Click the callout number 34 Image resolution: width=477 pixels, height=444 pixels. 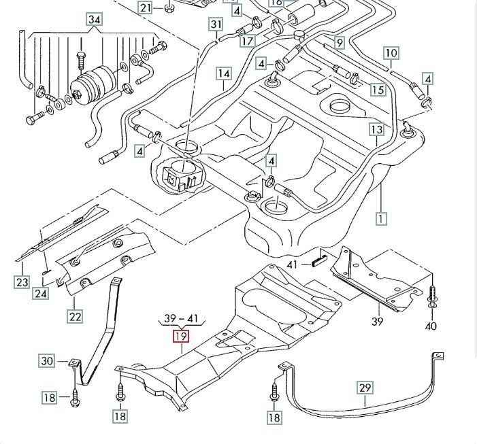point(94,19)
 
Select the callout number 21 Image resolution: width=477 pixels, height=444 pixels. point(146,7)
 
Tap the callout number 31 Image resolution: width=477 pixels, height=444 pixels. point(216,26)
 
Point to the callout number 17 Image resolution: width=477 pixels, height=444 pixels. point(247,41)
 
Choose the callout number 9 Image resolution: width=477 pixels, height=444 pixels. point(339,43)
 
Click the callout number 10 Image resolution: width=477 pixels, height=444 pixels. point(391,53)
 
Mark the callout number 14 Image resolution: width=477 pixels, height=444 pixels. point(224,73)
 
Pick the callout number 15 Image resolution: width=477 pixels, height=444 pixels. point(378,90)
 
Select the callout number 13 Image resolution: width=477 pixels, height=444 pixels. point(376,129)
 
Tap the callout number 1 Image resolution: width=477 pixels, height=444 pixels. point(381,218)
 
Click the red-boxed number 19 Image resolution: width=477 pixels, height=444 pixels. point(180,335)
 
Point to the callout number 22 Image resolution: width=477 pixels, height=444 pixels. point(75,315)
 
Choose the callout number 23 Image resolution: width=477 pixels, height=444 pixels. point(22,282)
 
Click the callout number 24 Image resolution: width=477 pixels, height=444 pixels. point(41,294)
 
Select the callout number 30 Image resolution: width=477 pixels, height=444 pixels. point(46,361)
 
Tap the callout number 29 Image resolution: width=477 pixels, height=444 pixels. point(365,388)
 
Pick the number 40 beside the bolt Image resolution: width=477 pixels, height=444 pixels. point(430,326)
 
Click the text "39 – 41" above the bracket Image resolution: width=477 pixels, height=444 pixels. point(180,318)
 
